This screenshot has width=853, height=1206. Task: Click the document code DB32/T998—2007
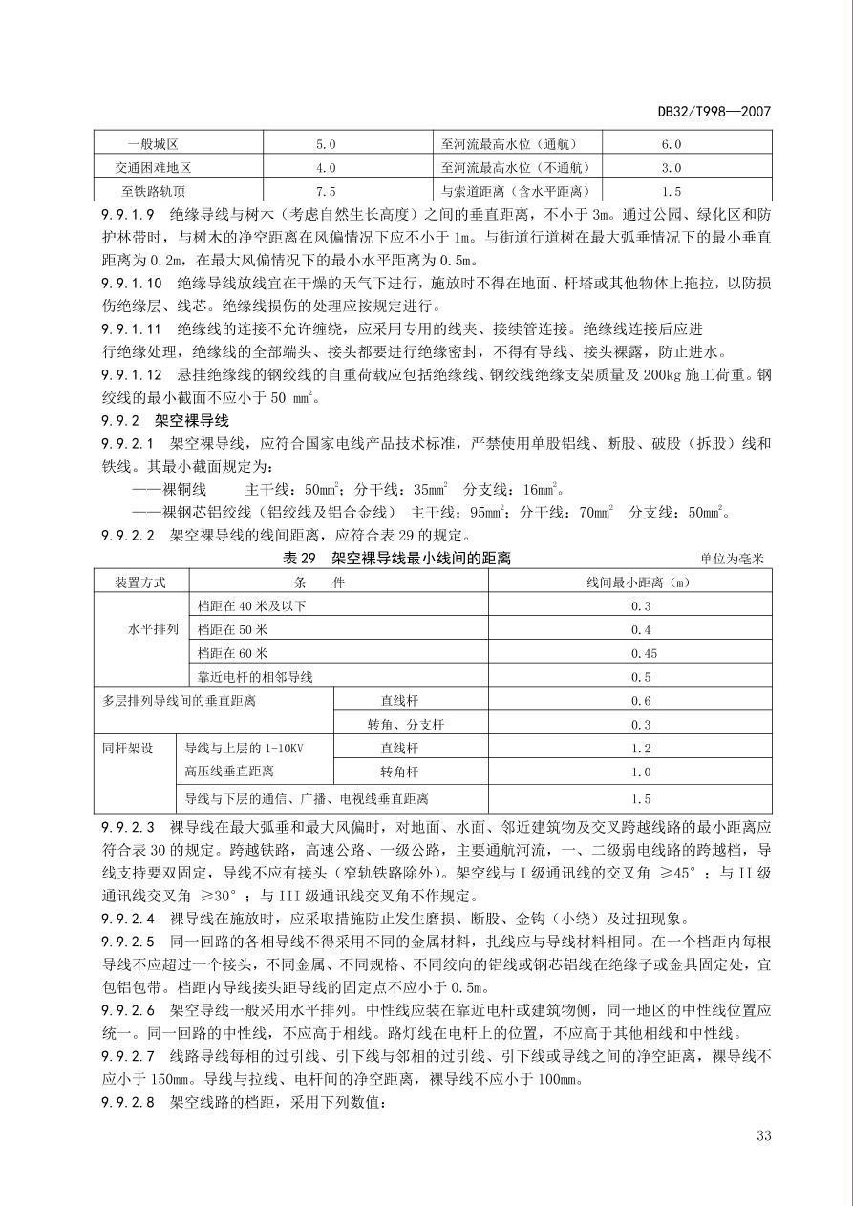(714, 112)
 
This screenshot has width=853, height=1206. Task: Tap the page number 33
(762, 1135)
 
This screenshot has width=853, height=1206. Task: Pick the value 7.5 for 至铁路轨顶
(326, 191)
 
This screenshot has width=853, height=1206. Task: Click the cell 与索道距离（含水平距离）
(516, 191)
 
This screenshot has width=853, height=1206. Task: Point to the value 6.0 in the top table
(671, 144)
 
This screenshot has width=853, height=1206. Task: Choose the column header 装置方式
(140, 582)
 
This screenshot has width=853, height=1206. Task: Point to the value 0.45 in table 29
(640, 653)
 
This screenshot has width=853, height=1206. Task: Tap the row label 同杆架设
(128, 748)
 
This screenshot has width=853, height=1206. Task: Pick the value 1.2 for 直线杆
(640, 748)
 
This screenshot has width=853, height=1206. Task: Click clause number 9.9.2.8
(130, 1102)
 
